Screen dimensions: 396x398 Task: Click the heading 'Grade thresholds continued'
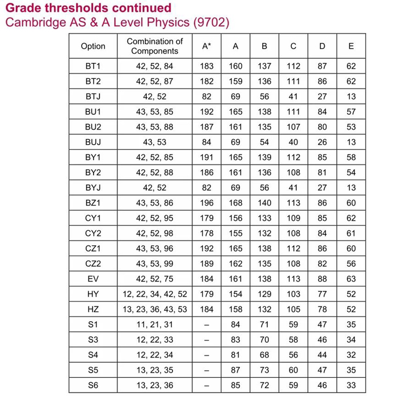point(88,8)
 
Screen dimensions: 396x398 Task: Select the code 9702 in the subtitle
point(210,23)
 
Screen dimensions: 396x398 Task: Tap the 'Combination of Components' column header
point(155,46)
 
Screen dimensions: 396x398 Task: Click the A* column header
point(207,46)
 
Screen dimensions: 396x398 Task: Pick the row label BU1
point(93,111)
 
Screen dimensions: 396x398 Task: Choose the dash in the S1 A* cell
point(207,324)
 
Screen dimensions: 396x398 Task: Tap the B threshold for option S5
point(264,370)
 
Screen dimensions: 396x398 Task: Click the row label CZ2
point(93,263)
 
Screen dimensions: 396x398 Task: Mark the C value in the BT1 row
point(294,66)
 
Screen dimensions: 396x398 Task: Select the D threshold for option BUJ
point(322,141)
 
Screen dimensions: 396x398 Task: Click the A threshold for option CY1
point(235,217)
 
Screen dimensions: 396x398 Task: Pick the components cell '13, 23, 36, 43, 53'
point(155,309)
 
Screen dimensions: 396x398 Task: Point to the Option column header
point(93,46)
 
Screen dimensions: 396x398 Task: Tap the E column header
point(351,46)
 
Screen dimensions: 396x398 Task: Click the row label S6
point(93,385)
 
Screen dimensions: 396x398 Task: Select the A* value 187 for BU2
point(207,126)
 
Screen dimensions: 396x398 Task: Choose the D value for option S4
point(322,354)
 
